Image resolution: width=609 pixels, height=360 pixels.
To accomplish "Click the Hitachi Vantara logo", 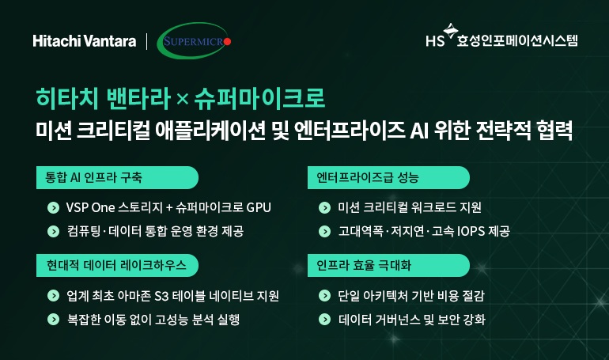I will click(x=85, y=41).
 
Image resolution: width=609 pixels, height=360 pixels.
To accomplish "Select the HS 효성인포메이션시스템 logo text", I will click(x=501, y=39).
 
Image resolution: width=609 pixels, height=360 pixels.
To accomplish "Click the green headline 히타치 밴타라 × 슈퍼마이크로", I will click(x=180, y=100).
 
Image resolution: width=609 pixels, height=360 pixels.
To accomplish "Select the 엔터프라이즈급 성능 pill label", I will click(x=367, y=176).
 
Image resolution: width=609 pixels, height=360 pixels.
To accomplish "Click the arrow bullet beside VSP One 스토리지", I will click(x=53, y=208).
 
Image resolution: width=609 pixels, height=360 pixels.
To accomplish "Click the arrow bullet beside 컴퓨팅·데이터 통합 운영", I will click(x=53, y=231).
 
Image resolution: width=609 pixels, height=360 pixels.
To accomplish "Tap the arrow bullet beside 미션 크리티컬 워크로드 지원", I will click(x=323, y=208).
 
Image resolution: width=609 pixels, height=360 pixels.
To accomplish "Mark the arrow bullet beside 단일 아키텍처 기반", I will click(x=323, y=296).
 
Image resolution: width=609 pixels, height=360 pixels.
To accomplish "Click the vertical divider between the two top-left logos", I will click(x=146, y=41).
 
